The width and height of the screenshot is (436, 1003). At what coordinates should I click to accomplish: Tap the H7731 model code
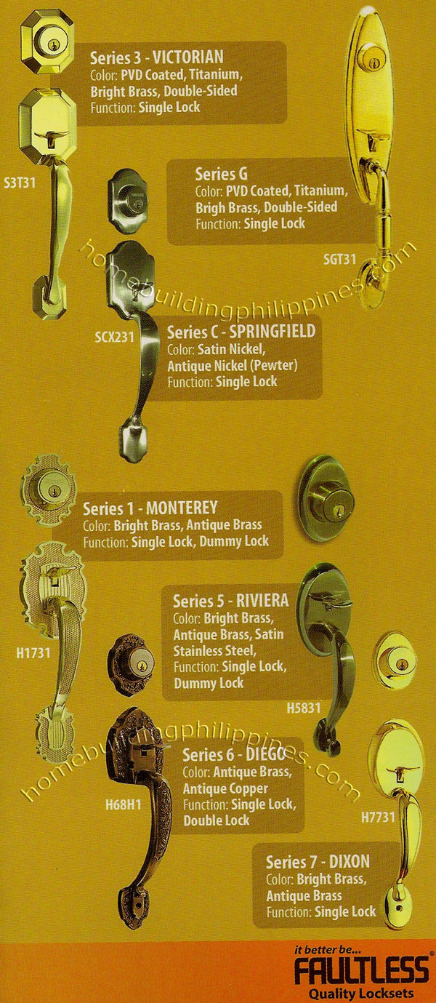click(378, 818)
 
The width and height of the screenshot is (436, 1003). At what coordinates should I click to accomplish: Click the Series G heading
click(222, 175)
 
